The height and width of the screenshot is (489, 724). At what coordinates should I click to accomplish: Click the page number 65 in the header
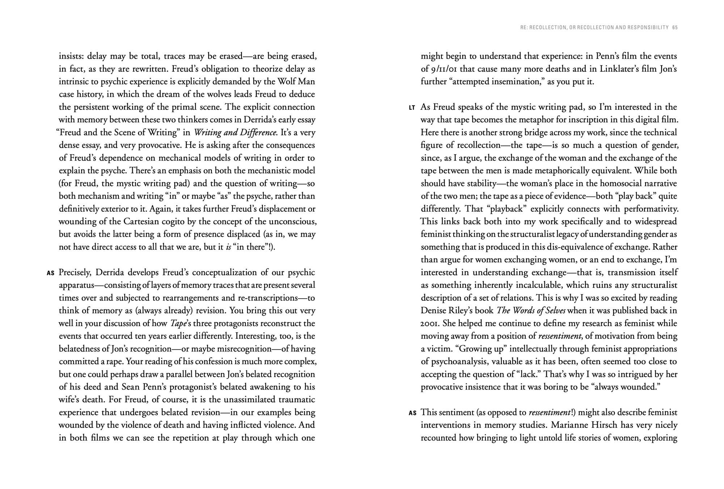675,28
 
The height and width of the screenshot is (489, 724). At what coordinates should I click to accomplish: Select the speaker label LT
412,108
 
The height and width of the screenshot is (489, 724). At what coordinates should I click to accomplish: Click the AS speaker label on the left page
50,273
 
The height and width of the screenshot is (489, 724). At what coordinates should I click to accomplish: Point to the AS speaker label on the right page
412,413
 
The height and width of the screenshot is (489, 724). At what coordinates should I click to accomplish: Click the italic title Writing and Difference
236,132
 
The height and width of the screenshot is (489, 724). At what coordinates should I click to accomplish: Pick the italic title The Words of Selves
531,311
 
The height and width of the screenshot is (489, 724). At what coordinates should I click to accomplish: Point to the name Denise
434,311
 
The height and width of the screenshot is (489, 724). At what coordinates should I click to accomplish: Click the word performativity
651,209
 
